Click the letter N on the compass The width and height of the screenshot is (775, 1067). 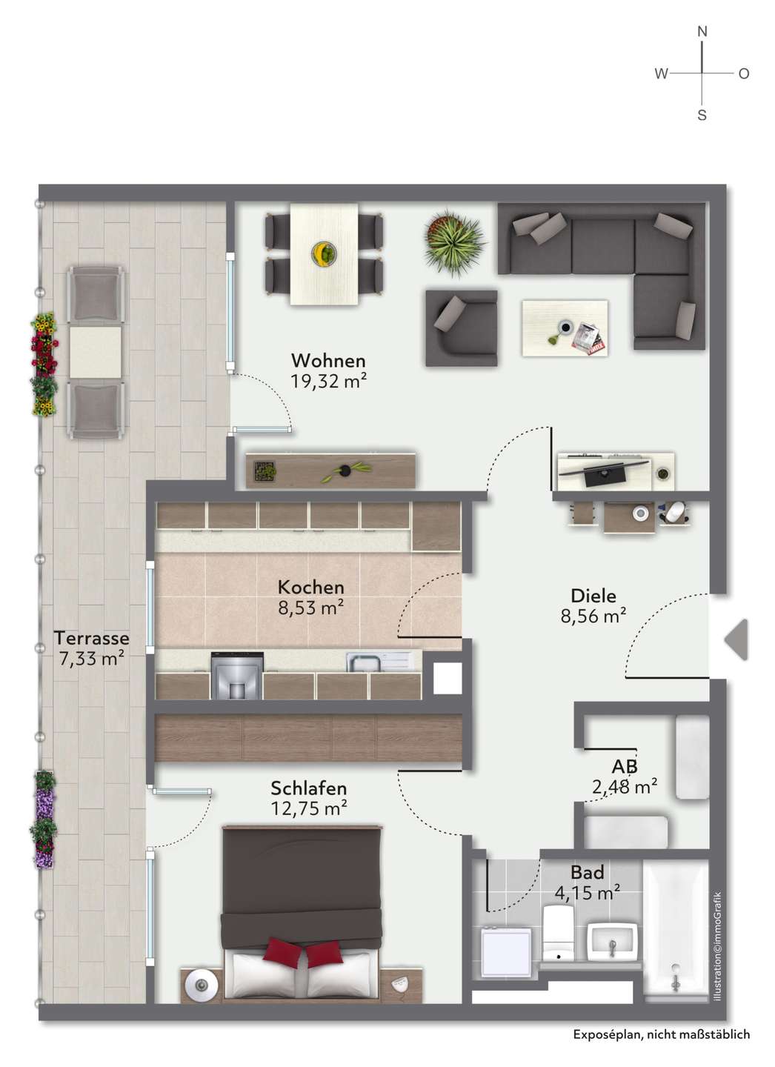coord(702,32)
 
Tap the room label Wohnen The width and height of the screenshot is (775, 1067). coord(328,361)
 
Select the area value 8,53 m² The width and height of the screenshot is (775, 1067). coord(311,608)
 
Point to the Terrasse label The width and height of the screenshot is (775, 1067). coord(91,637)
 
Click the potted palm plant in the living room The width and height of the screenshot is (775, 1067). coord(453,243)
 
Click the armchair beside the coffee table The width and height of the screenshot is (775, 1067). coord(461,328)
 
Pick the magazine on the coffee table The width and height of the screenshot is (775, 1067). coord(590,339)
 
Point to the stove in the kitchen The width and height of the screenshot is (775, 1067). coord(237,675)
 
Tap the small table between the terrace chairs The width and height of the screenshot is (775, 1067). coord(96,353)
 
